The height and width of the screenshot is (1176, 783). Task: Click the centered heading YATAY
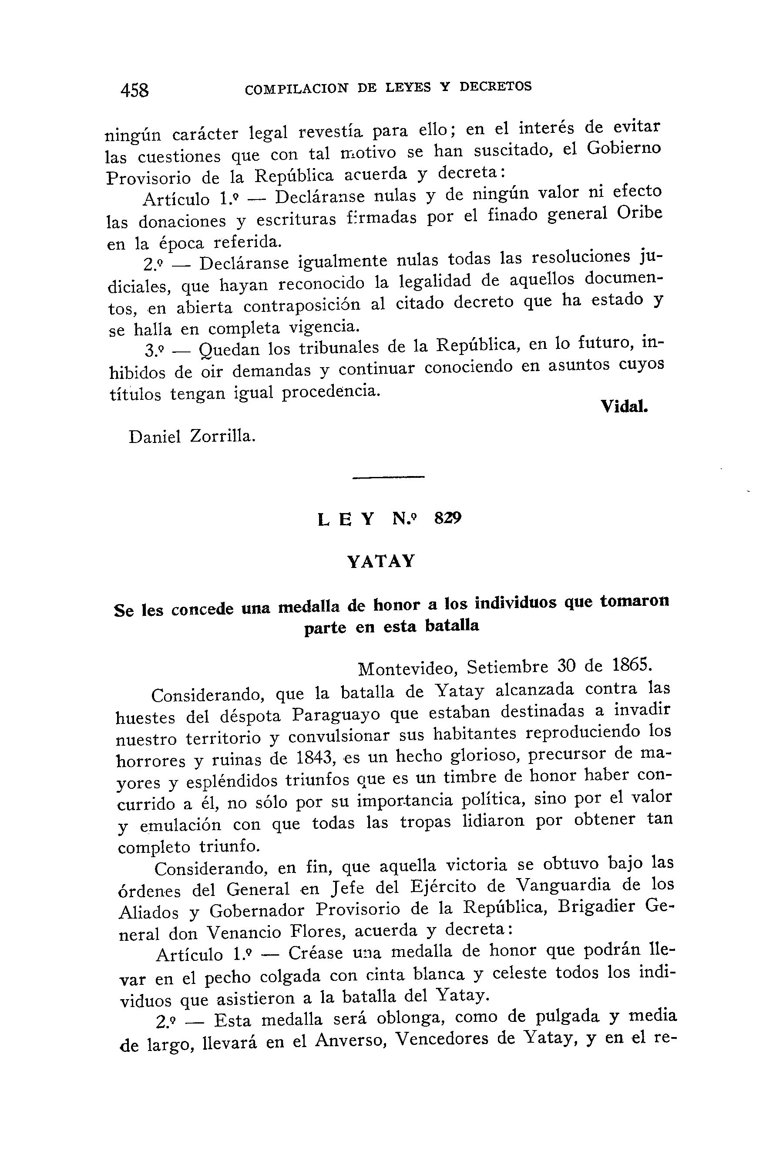coord(381,561)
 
